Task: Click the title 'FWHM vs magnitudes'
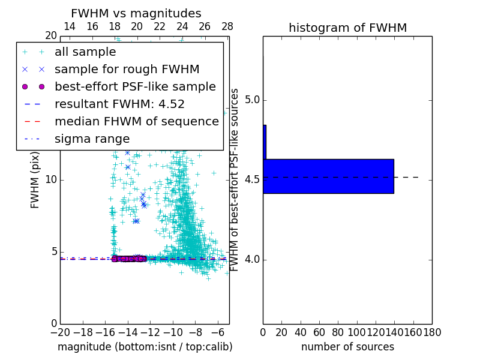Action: (136, 13)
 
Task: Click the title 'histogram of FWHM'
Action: (347, 28)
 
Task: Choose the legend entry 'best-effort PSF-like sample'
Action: (135, 86)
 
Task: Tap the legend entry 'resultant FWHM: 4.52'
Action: (119, 104)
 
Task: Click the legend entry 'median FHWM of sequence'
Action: (136, 121)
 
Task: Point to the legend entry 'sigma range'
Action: (92, 139)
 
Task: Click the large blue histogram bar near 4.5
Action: (328, 176)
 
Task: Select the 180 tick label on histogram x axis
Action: (432, 332)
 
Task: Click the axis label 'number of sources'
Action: (347, 347)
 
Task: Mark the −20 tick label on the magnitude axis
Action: (60, 332)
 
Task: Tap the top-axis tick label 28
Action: (227, 26)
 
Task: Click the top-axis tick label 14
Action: (69, 26)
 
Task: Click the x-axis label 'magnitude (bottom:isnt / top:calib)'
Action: (145, 347)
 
